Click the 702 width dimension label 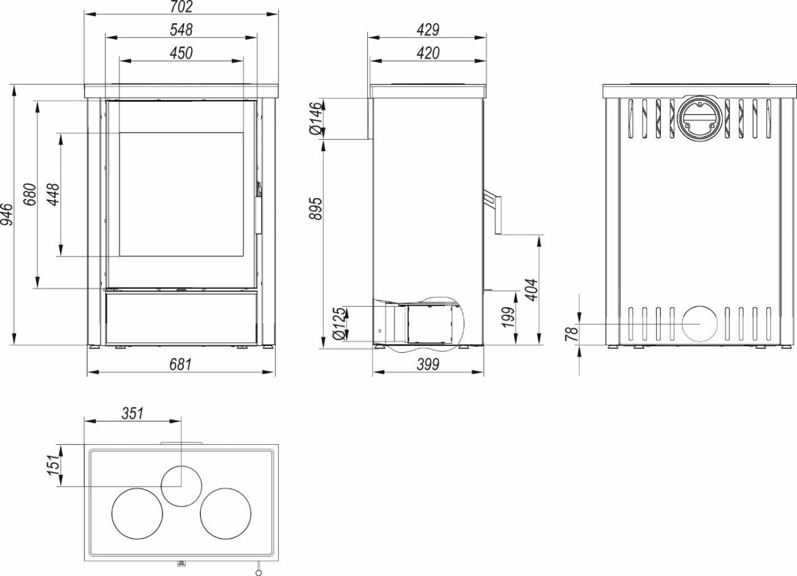click(181, 7)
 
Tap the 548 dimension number click(181, 30)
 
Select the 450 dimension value click(181, 53)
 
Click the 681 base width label click(181, 364)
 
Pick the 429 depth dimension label click(428, 30)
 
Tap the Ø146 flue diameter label click(316, 118)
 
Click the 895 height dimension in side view click(316, 209)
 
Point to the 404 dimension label click(532, 290)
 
